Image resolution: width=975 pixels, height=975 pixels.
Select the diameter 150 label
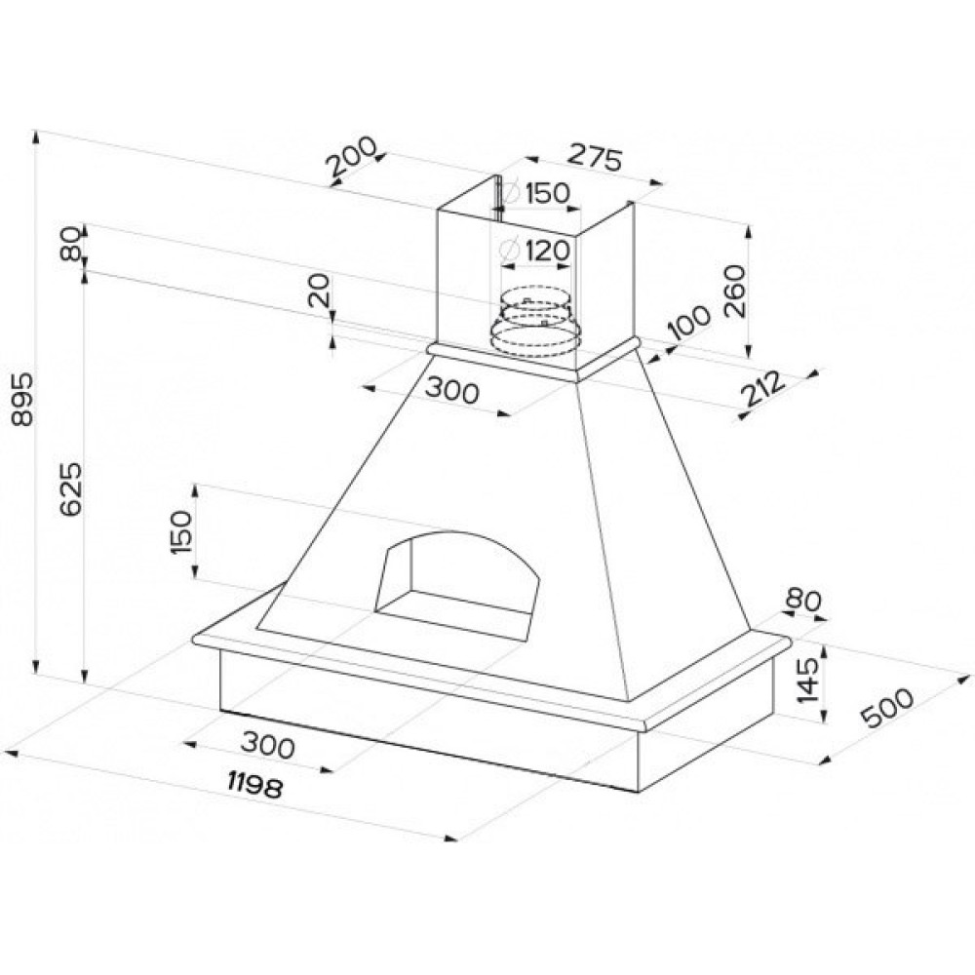pos(537,192)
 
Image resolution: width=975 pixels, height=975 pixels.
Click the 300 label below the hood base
pos(267,748)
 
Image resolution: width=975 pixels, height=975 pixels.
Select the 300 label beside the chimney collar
pos(452,392)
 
